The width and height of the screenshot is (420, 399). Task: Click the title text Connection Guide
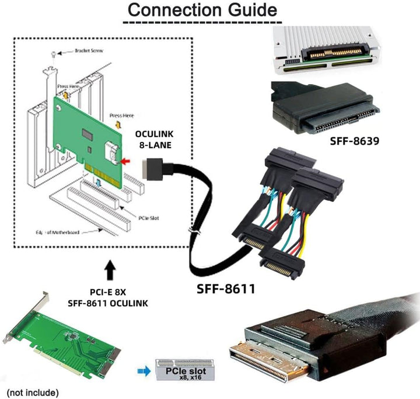[202, 10]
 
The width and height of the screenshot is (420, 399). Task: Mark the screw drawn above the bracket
[54, 53]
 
